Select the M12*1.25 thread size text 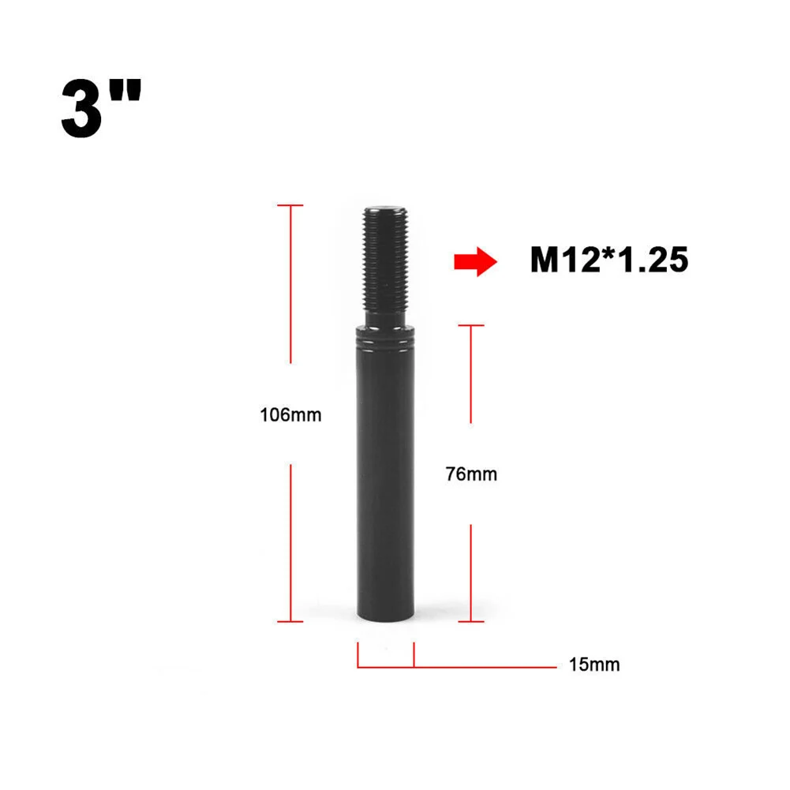[x=609, y=260]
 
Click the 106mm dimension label [x=290, y=414]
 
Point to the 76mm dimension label [x=471, y=474]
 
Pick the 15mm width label [x=593, y=665]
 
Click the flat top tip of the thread [x=386, y=209]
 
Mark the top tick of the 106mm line [x=290, y=205]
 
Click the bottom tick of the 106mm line [x=290, y=621]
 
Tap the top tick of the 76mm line [x=471, y=324]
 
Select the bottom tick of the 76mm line [x=471, y=621]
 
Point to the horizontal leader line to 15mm [x=485, y=667]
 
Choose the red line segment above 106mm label [x=291, y=284]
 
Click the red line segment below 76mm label [x=471, y=572]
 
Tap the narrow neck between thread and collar [x=386, y=324]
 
